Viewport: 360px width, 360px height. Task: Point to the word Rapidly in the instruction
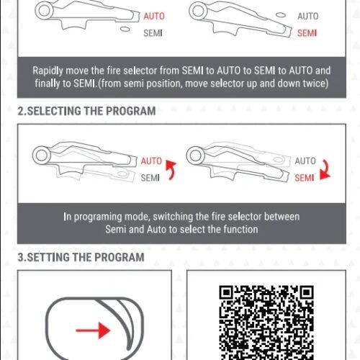(48, 71)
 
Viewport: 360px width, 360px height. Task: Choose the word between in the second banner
(282, 217)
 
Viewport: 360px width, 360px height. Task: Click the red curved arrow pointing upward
(171, 169)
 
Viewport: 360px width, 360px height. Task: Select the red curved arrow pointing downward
(325, 169)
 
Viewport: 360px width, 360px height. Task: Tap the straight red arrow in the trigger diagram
(93, 330)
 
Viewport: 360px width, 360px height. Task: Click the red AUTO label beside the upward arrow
(151, 161)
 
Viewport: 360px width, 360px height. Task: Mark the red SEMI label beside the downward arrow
(305, 178)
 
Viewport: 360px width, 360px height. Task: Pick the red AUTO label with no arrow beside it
(154, 17)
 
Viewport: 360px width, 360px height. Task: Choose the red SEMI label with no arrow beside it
(307, 33)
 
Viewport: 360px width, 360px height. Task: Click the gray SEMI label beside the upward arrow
(150, 178)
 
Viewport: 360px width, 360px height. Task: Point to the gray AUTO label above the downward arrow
(305, 161)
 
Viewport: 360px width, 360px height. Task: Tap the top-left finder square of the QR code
(226, 292)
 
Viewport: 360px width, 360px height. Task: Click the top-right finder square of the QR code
(307, 292)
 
